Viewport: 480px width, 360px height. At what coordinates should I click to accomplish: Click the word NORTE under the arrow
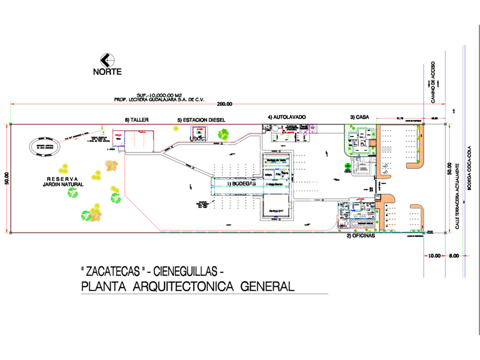click(107, 72)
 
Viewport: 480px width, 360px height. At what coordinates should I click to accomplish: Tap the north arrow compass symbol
click(107, 59)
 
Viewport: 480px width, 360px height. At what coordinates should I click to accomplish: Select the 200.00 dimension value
click(225, 104)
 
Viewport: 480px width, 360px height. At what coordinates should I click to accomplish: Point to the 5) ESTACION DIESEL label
click(201, 120)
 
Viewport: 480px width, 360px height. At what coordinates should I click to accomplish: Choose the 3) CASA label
click(359, 117)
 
